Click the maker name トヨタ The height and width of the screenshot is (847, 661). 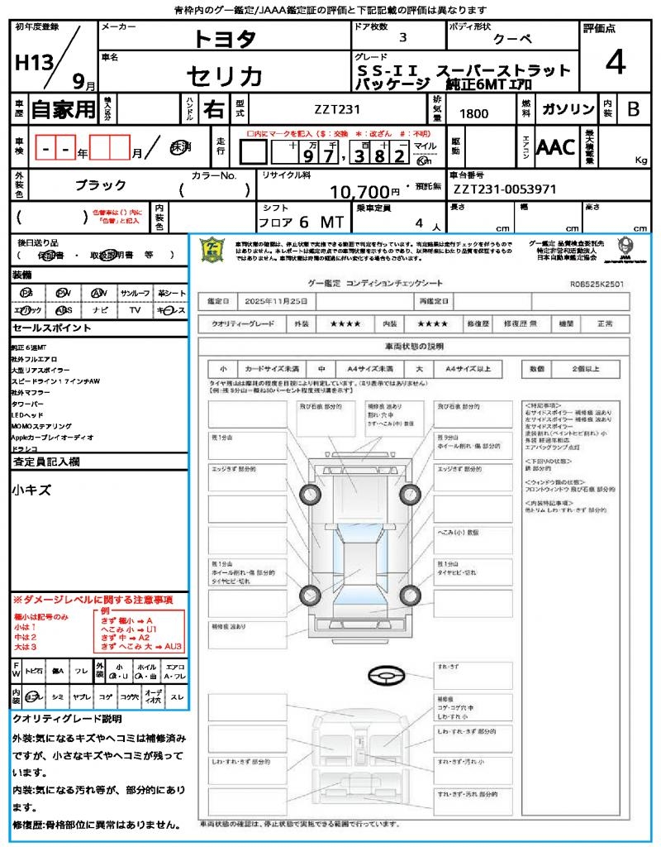pyautogui.click(x=225, y=39)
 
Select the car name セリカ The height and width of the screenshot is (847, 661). pyautogui.click(x=225, y=76)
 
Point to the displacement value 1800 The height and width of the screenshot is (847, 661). pyautogui.click(x=473, y=114)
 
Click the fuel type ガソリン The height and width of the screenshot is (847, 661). pyautogui.click(x=566, y=109)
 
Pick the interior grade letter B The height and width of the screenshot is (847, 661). pyautogui.click(x=633, y=109)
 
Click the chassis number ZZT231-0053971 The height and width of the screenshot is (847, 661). pyautogui.click(x=505, y=189)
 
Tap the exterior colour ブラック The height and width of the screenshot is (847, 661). pyautogui.click(x=101, y=185)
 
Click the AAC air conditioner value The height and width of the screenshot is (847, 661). pyautogui.click(x=555, y=147)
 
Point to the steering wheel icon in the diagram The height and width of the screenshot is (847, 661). pyautogui.click(x=385, y=677)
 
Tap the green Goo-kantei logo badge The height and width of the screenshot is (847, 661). pyautogui.click(x=213, y=250)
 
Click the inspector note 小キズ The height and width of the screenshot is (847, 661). pyautogui.click(x=31, y=490)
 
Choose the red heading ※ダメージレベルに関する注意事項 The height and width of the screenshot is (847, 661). pyautogui.click(x=93, y=599)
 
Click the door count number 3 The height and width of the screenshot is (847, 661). pyautogui.click(x=402, y=37)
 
